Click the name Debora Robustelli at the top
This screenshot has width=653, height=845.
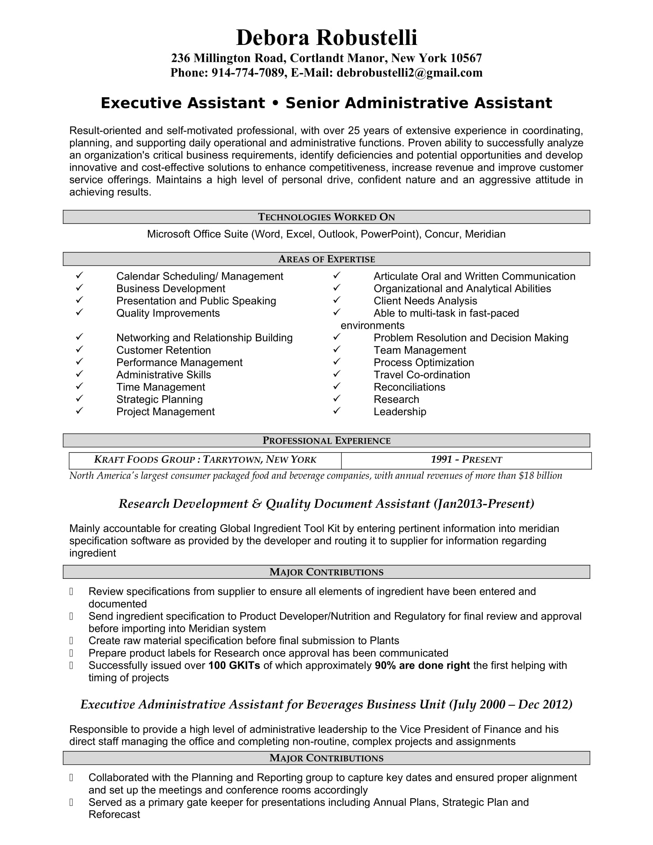(x=326, y=38)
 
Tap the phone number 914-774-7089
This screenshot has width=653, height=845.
(x=248, y=73)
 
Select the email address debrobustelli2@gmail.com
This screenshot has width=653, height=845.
(x=409, y=73)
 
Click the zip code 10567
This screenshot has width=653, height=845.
(x=466, y=58)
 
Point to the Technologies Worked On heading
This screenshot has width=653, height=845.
(x=326, y=217)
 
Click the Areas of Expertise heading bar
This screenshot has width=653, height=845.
(x=326, y=259)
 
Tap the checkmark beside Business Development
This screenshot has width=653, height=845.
(x=79, y=287)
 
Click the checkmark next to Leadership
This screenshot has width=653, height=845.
(x=336, y=411)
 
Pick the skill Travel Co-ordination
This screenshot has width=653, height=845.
(x=422, y=375)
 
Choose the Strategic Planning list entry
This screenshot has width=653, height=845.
(x=159, y=399)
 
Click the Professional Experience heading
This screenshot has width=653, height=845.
(x=326, y=441)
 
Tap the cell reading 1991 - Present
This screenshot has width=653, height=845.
(x=466, y=460)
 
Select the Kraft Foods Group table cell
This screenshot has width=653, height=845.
(x=205, y=460)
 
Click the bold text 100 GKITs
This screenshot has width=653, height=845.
(x=234, y=666)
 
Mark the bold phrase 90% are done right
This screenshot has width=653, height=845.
(x=422, y=666)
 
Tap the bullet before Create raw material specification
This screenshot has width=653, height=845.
(x=71, y=641)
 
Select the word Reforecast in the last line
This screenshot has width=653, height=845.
(x=114, y=814)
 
